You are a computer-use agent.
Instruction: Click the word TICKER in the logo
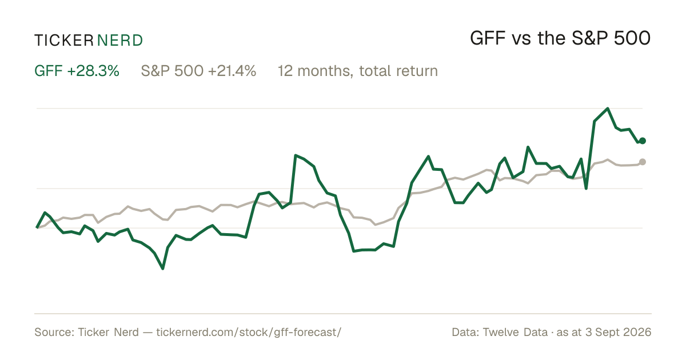63,41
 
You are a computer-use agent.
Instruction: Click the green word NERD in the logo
119,41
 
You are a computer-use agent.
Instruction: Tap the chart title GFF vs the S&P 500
560,38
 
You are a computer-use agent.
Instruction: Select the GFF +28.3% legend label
77,71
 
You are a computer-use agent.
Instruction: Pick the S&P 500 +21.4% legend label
198,71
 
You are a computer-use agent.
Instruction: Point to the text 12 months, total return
358,71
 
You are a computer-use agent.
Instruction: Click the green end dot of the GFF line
643,141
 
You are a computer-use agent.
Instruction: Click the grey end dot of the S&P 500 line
643,162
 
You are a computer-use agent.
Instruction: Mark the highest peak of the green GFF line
608,109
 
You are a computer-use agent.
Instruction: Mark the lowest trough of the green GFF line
162,269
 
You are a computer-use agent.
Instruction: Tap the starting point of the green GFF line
37,227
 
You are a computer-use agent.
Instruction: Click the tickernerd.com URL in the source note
249,332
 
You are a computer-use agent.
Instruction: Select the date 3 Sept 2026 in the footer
619,332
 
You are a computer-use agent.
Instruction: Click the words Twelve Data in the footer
515,332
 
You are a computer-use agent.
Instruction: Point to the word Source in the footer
53,332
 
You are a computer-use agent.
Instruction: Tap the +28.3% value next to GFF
93,71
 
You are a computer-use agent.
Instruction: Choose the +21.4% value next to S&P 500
232,71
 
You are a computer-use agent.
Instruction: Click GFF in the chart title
488,38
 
